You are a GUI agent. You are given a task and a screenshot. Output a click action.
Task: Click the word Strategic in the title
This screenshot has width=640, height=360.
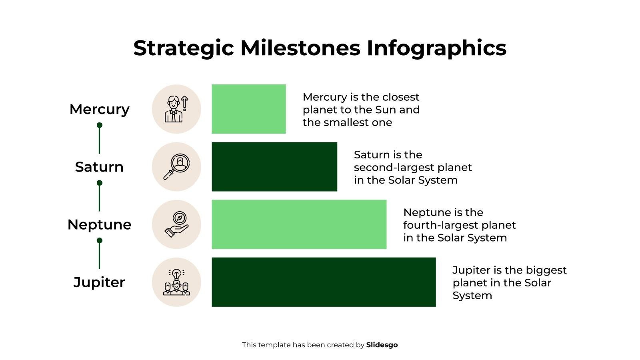(x=184, y=48)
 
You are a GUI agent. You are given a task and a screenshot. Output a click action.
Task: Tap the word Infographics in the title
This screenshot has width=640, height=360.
(x=436, y=48)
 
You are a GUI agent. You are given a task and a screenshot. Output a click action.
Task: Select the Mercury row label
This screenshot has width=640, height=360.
(x=99, y=109)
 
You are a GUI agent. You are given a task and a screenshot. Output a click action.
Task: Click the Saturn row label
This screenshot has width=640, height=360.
(x=99, y=167)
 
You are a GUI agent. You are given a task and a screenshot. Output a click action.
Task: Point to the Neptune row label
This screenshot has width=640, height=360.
(x=99, y=224)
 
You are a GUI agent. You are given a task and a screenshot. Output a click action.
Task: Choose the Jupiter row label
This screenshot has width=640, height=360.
(x=99, y=282)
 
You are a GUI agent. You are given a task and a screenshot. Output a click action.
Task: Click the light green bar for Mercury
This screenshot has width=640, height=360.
(x=249, y=109)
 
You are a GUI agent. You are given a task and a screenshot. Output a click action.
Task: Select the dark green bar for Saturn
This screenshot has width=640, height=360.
(x=274, y=166)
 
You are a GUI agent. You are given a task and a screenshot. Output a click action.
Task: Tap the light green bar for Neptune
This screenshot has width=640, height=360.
(x=299, y=224)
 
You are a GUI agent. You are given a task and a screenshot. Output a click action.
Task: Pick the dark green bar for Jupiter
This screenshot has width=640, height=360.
(x=324, y=282)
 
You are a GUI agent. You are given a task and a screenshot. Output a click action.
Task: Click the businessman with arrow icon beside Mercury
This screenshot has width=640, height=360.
(x=176, y=109)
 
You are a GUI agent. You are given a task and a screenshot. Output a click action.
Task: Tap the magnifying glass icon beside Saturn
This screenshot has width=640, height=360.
(x=176, y=167)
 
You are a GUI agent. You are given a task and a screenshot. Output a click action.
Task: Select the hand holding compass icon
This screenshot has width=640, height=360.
(x=176, y=224)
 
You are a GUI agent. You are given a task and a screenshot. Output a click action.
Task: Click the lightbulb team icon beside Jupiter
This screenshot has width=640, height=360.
(x=176, y=282)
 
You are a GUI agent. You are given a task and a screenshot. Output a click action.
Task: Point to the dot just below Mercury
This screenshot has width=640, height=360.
(x=100, y=125)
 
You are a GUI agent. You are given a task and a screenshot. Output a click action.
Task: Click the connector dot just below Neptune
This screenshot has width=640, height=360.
(x=100, y=240)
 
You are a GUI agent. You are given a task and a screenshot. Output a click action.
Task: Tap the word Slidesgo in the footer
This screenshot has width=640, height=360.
(x=382, y=345)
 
